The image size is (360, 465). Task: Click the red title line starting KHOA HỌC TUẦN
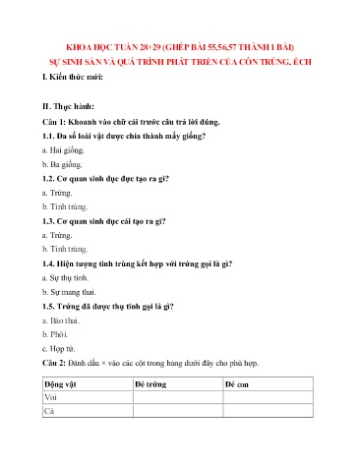coord(180,46)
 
